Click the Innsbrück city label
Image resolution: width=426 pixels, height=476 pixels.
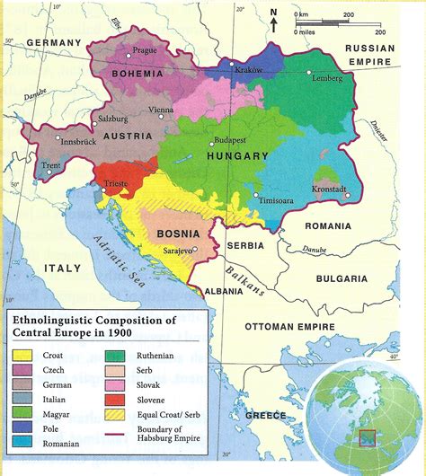84,141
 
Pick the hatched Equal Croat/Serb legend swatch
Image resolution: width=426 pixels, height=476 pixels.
117,413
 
